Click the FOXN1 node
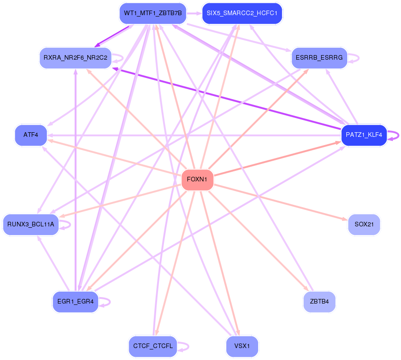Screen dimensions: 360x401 pos(197,180)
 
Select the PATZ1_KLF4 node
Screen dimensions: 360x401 pos(364,135)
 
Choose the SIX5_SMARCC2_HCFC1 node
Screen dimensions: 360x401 pos(242,13)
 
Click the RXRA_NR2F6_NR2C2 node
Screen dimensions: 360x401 pos(75,58)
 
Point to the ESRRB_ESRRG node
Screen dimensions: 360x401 pos(319,58)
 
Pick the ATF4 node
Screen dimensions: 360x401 pos(31,135)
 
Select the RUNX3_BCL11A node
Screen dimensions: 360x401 pos(31,225)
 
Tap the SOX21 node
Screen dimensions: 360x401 pos(364,225)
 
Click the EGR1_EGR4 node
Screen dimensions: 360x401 pos(75,302)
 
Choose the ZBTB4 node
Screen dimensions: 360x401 pos(319,302)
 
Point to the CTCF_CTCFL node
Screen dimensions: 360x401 pos(152,346)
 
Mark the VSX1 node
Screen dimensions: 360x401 pos(242,346)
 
